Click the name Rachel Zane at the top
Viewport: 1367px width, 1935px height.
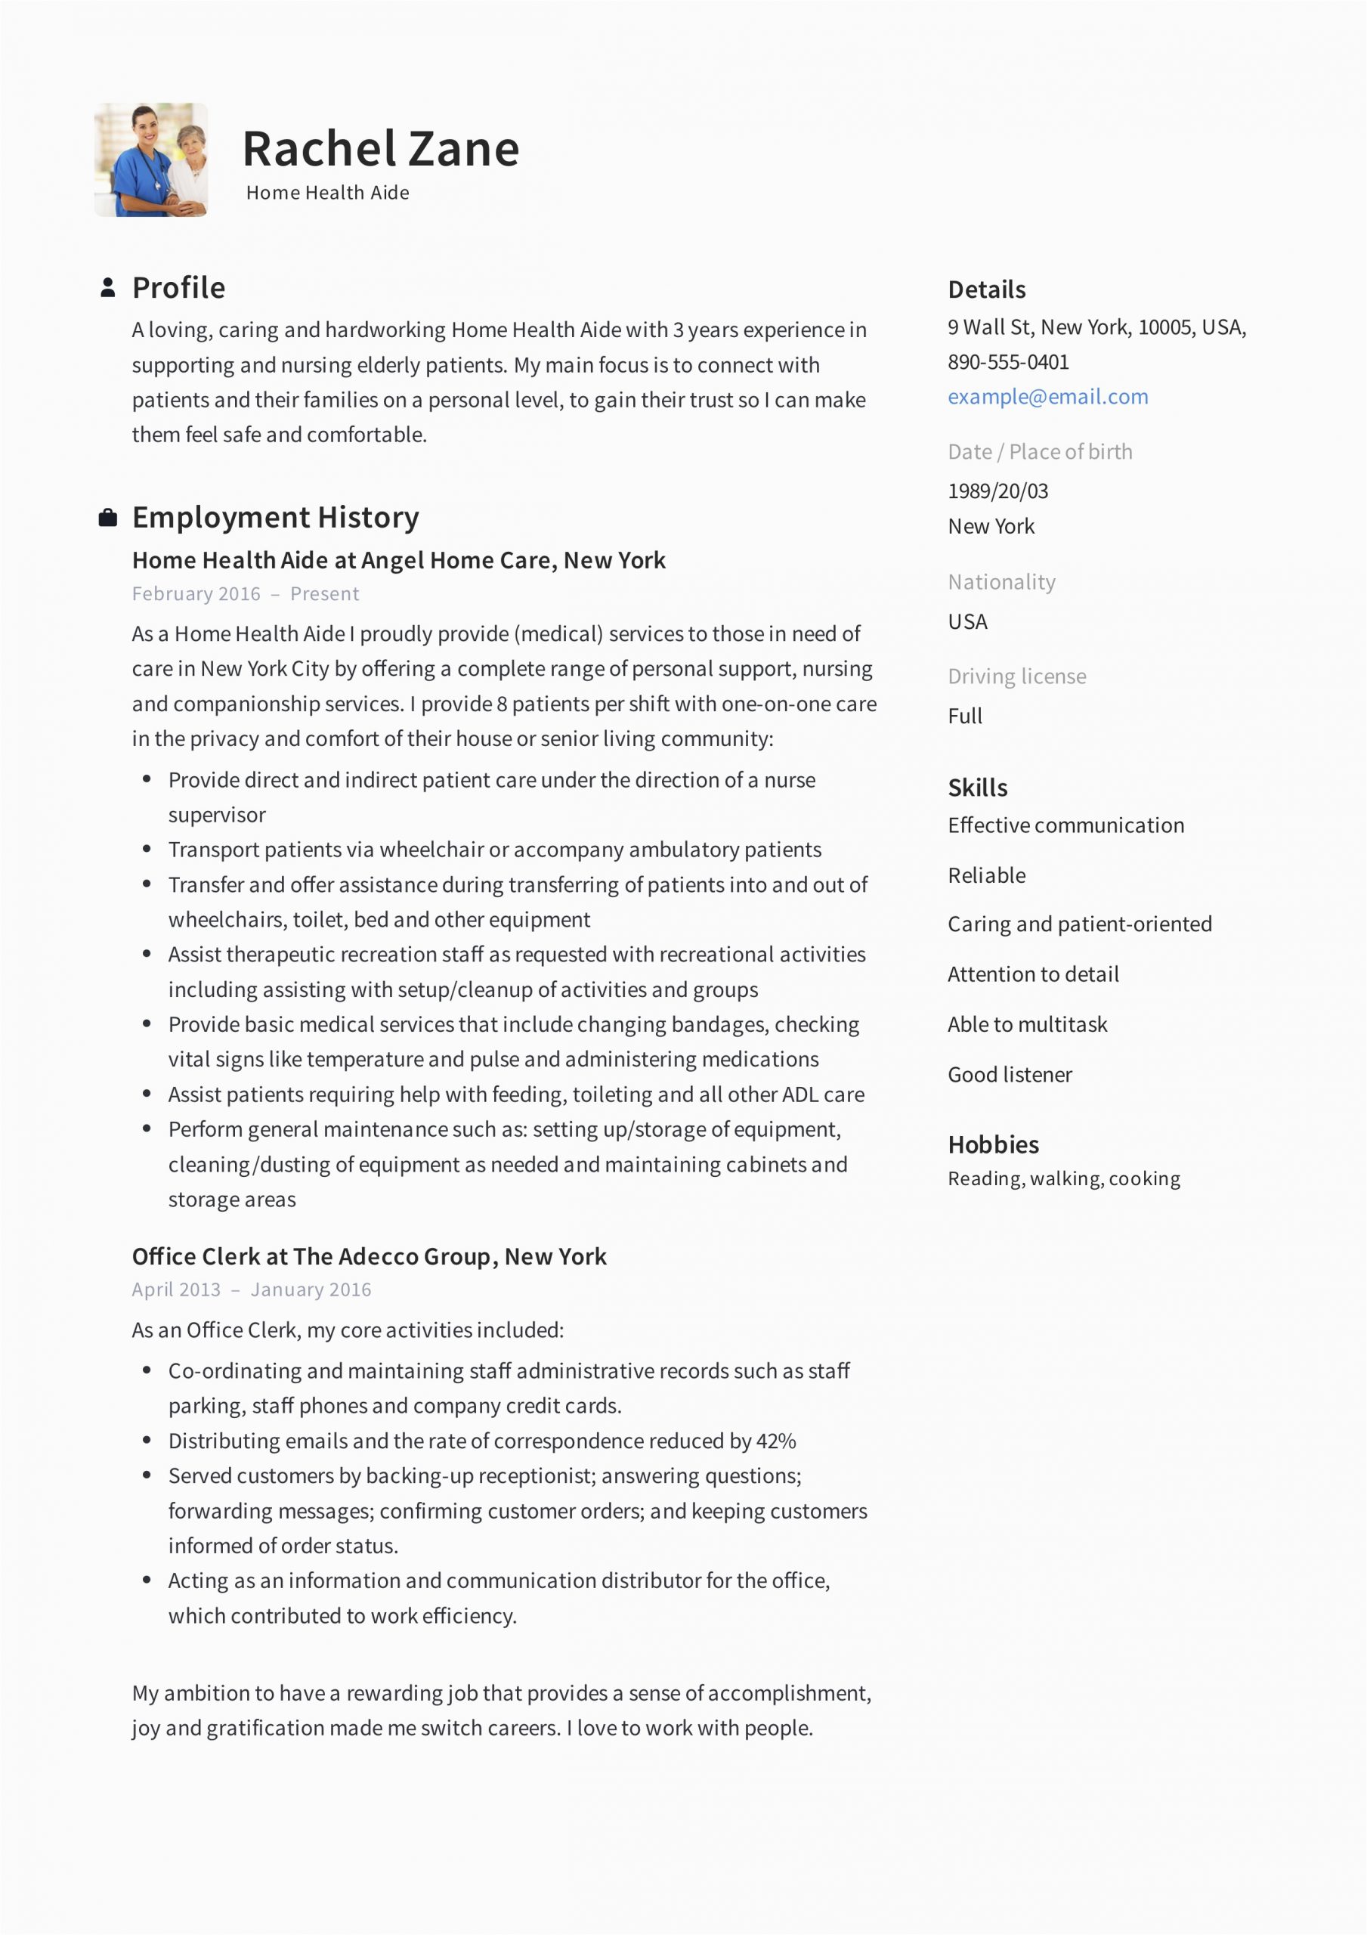380,149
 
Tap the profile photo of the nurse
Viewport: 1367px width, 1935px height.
151,160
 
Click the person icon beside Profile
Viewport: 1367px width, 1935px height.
108,287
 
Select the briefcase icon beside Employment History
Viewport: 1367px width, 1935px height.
108,518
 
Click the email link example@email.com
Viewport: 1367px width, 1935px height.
1047,397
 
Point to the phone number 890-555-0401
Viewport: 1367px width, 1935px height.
1008,362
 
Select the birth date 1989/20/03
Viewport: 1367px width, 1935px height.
998,491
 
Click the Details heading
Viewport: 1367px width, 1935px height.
987,290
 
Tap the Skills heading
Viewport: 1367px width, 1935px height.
978,788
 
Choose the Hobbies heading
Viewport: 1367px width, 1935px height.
994,1145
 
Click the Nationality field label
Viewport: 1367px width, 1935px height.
1001,582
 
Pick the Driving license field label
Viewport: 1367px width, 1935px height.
1017,676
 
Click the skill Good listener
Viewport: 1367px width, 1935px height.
1010,1076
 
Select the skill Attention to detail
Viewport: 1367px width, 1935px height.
1033,975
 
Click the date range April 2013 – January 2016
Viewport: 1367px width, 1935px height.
251,1290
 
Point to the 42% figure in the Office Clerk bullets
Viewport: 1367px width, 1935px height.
776,1442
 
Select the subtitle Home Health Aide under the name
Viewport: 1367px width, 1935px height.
328,193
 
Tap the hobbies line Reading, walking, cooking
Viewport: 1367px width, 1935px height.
1063,1179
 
